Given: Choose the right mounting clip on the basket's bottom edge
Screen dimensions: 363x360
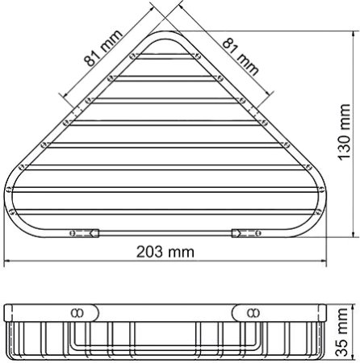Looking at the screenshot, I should [x=245, y=232].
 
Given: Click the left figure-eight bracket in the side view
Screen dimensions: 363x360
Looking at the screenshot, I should [x=81, y=311].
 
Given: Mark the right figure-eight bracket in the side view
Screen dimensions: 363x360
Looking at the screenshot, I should [x=249, y=311].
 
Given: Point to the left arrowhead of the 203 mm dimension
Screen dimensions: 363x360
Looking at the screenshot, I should [x=8, y=262].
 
